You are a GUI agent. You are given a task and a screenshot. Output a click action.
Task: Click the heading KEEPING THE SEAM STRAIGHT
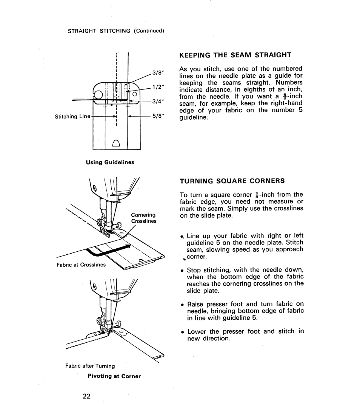235,55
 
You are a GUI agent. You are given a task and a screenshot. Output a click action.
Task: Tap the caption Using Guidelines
110,162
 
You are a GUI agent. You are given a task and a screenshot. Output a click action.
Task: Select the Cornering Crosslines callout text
143,218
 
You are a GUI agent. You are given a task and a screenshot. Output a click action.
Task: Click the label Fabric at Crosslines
81,265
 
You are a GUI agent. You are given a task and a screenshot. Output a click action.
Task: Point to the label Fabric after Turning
90,366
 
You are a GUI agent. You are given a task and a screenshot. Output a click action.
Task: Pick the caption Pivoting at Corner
114,376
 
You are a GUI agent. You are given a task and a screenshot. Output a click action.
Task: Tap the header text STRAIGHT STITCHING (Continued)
116,31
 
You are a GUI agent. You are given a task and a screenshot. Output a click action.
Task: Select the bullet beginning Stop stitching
242,280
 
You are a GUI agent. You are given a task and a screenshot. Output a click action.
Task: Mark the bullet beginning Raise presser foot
242,311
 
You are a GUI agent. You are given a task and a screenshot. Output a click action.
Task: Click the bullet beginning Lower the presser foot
242,335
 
